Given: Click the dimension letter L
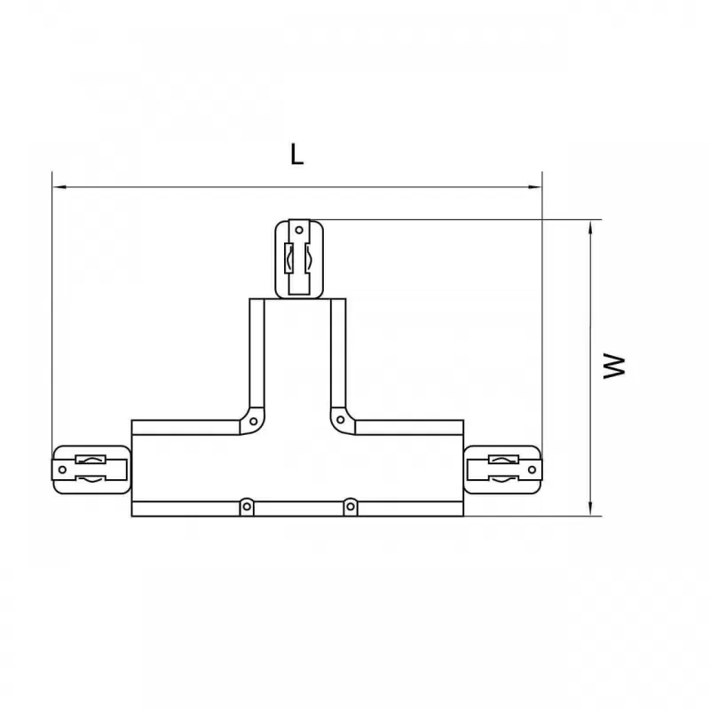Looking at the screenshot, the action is pos(296,154).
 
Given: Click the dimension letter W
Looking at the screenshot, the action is pos(614,367).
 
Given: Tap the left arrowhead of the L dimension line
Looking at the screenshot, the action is pos(59,186).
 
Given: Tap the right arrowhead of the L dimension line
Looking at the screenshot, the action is pos(535,186).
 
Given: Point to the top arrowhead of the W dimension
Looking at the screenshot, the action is pos(590,228).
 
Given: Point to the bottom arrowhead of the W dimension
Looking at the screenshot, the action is pos(590,508).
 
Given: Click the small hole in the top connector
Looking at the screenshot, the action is pos(299,230).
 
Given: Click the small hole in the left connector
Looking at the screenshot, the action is pos(62,469).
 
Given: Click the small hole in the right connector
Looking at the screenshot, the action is pos(532,469).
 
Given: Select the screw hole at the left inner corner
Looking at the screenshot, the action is pos(254,422).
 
